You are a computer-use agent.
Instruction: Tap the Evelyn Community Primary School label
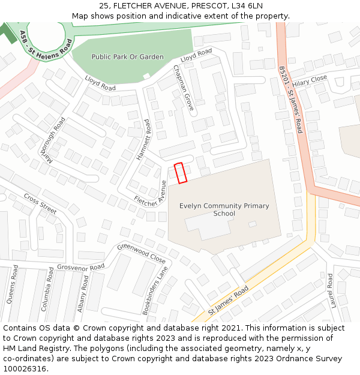[224, 209]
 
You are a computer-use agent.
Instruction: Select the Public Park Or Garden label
[127, 57]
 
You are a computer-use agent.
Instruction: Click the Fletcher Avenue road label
[150, 194]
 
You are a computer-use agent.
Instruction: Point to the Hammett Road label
[143, 139]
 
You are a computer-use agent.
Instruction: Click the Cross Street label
[40, 203]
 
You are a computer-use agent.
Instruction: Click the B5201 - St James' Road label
[290, 100]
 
